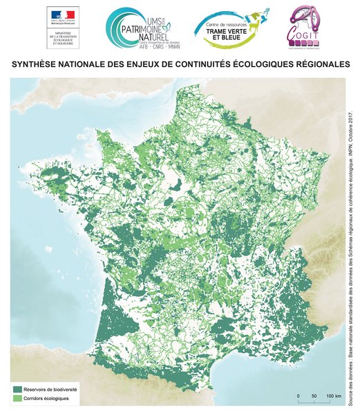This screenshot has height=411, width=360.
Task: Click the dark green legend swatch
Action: pyautogui.click(x=17, y=390)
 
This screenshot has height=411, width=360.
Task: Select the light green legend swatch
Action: pyautogui.click(x=17, y=399)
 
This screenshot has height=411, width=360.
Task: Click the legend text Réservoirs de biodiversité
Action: pyautogui.click(x=51, y=390)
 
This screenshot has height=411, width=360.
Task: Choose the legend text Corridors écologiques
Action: pyautogui.click(x=48, y=399)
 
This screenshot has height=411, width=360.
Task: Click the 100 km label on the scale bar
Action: pyautogui.click(x=334, y=396)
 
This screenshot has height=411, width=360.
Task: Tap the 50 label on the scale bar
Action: pyautogui.click(x=314, y=396)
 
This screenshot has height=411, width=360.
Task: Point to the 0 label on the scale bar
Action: pyautogui.click(x=298, y=396)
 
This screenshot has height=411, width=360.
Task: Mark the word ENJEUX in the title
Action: pyautogui.click(x=148, y=64)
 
